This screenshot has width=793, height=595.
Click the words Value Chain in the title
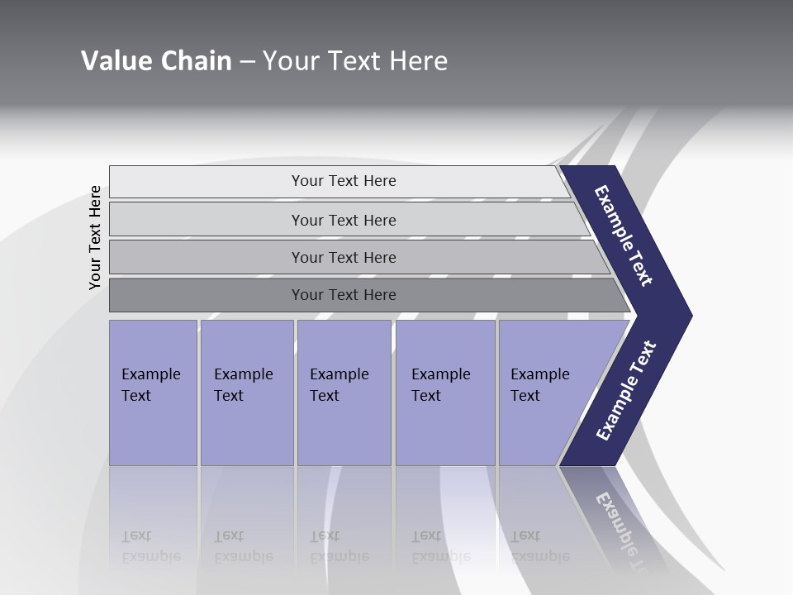(156, 61)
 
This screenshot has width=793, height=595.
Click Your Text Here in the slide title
(355, 61)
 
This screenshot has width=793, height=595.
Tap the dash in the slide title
(247, 62)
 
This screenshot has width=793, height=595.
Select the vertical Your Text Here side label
(95, 237)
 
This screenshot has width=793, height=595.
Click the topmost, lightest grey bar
(343, 181)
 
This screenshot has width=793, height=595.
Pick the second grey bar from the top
(344, 220)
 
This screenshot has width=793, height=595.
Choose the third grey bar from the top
(344, 257)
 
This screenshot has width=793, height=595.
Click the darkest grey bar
(344, 295)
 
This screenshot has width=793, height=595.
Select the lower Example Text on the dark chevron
(625, 391)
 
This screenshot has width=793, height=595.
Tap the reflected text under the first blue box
(150, 546)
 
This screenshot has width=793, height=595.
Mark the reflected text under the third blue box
(339, 546)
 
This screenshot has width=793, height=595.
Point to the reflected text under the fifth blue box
(539, 546)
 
